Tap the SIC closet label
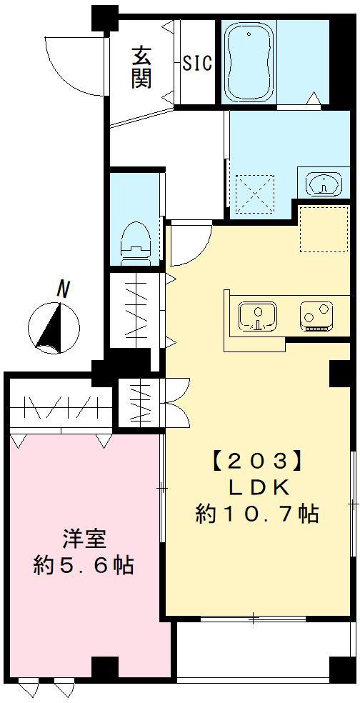pos(197,64)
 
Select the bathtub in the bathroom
pos(249,63)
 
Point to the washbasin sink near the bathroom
pos(323,183)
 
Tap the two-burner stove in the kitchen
pos(316,316)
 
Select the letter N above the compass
pos(64,289)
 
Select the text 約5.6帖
pos(83,565)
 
